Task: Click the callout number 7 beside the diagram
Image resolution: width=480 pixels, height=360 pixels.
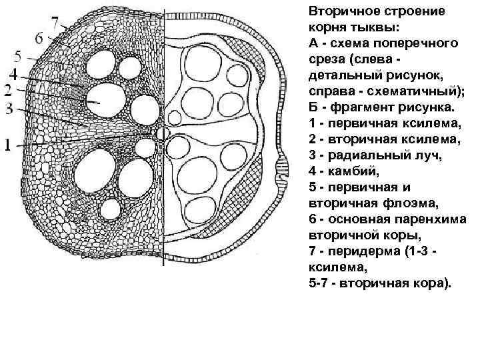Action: pyautogui.click(x=54, y=22)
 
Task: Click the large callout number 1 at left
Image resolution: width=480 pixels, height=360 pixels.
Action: pyautogui.click(x=7, y=143)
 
